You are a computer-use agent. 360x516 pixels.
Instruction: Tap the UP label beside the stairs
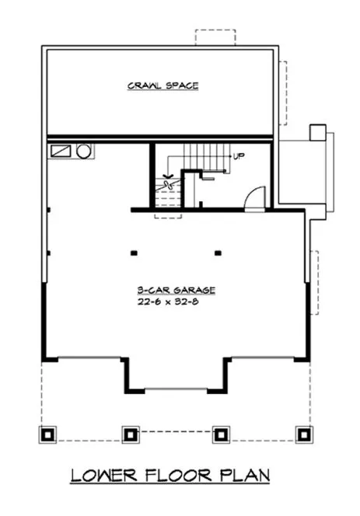click(x=239, y=156)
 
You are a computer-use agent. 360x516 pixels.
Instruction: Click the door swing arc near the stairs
click(x=253, y=198)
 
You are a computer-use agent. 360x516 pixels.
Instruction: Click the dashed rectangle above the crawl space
click(x=214, y=39)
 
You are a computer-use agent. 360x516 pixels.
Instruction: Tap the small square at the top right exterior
click(x=318, y=132)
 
